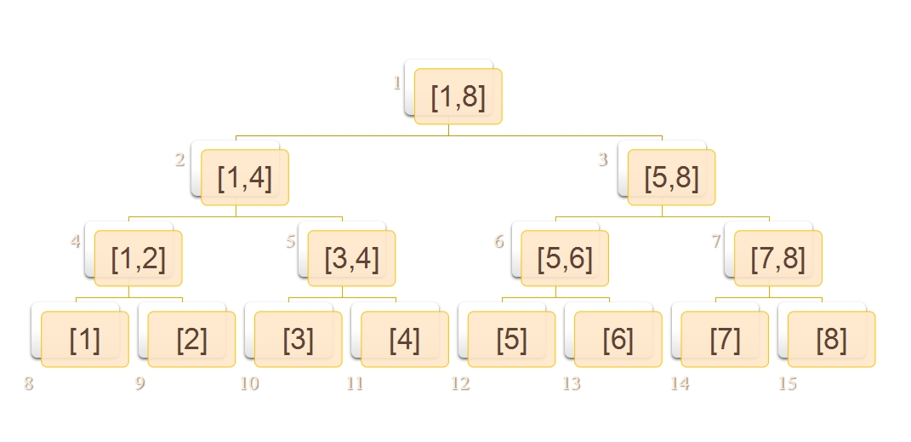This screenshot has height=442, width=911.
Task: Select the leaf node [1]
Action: point(84,339)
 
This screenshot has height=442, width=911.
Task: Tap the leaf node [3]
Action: point(298,339)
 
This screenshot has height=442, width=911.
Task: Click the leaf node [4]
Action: point(405,339)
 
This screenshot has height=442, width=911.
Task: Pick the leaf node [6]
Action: point(618,339)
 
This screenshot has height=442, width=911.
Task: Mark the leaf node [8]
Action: point(831,339)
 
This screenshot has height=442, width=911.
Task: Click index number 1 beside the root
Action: point(396,83)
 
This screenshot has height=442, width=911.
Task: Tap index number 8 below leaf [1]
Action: point(29,383)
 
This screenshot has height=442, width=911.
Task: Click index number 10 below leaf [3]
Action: point(249,383)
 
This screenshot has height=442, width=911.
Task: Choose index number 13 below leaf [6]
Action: point(571,383)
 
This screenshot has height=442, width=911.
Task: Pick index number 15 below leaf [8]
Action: point(788,383)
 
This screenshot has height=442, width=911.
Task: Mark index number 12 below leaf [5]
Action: point(460,383)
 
